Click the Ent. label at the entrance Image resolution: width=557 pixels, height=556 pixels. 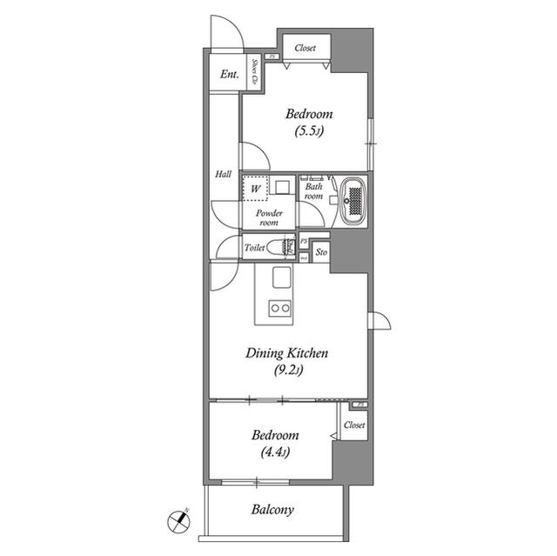pyautogui.click(x=229, y=75)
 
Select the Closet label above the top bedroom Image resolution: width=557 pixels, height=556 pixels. pyautogui.click(x=305, y=49)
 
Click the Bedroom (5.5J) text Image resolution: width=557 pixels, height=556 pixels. pyautogui.click(x=309, y=123)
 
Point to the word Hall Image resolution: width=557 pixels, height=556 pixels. pyautogui.click(x=223, y=175)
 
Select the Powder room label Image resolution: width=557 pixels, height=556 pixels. pyautogui.click(x=268, y=218)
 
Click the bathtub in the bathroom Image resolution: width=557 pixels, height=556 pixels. pyautogui.click(x=353, y=202)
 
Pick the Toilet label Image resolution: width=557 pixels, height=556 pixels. pyautogui.click(x=254, y=249)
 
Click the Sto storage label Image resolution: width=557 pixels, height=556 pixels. pyautogui.click(x=321, y=252)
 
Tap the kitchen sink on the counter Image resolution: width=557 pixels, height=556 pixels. pyautogui.click(x=280, y=278)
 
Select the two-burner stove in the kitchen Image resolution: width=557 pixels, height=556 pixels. pyautogui.click(x=280, y=307)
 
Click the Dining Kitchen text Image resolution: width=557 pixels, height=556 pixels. pyautogui.click(x=286, y=353)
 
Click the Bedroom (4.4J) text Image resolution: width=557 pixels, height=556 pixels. pyautogui.click(x=275, y=443)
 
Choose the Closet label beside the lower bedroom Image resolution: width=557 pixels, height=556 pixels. pyautogui.click(x=353, y=425)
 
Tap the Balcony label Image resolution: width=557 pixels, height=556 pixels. pyautogui.click(x=273, y=510)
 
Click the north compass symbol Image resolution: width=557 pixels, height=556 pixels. pyautogui.click(x=178, y=522)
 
